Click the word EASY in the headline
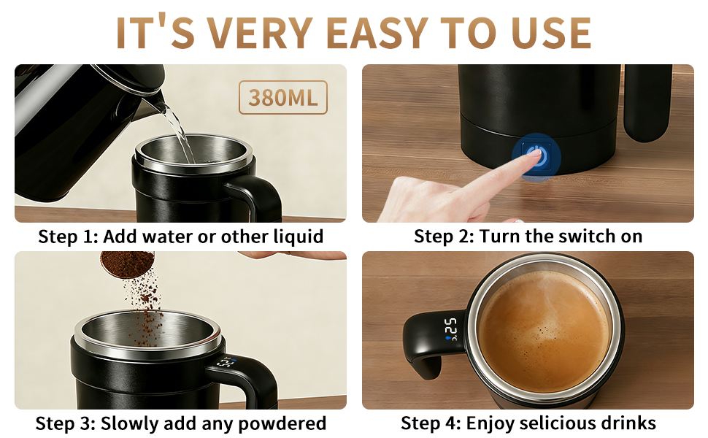click(376, 33)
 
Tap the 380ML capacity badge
click(283, 97)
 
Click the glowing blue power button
click(536, 155)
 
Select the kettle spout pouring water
click(155, 104)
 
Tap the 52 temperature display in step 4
click(450, 328)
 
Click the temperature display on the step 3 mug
click(225, 362)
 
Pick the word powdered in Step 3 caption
click(288, 423)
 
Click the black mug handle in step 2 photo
click(647, 102)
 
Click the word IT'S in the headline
click(150, 33)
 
